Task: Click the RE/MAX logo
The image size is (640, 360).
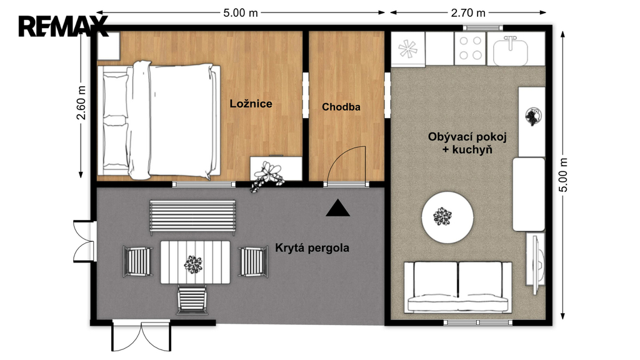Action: click(63, 26)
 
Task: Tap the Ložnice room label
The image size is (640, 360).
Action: click(251, 104)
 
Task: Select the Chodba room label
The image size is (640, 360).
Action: click(341, 107)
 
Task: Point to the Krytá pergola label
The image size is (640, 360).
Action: click(312, 247)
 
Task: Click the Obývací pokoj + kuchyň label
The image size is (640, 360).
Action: click(467, 143)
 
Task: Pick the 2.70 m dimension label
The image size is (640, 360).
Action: click(468, 13)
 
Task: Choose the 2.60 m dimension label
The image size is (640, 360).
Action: click(81, 102)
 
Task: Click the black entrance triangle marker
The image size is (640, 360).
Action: click(337, 207)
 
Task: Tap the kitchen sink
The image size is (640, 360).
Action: click(511, 50)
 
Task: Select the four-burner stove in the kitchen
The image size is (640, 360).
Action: click(471, 48)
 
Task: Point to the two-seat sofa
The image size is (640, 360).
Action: click(458, 287)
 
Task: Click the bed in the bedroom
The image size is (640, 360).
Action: click(159, 121)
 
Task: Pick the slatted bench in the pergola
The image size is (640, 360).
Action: click(192, 217)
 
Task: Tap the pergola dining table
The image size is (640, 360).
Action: click(195, 262)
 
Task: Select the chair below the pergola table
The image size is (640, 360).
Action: click(192, 300)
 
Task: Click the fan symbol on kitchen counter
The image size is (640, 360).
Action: click(408, 49)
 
